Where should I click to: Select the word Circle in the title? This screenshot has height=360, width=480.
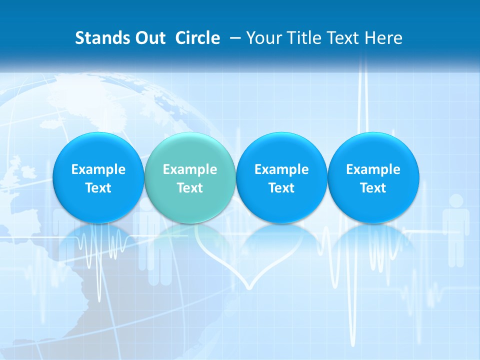pyautogui.click(x=197, y=38)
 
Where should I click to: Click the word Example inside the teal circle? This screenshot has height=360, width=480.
pyautogui.click(x=190, y=169)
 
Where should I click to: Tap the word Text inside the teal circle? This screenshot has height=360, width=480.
pyautogui.click(x=190, y=188)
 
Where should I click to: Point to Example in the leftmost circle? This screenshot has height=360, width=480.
pyautogui.click(x=98, y=169)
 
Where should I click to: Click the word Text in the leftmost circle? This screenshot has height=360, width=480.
pyautogui.click(x=98, y=188)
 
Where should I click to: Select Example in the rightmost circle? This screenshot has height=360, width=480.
pyautogui.click(x=373, y=169)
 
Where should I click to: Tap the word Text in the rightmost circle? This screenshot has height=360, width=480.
pyautogui.click(x=373, y=188)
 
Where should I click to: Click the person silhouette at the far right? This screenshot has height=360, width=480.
pyautogui.click(x=456, y=227)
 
